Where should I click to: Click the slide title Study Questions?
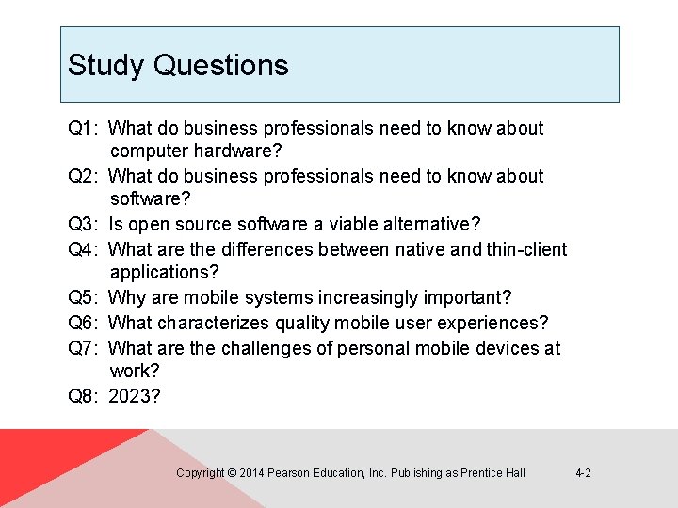click(x=178, y=65)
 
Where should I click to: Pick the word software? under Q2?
click(x=151, y=198)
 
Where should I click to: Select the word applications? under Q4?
click(x=164, y=273)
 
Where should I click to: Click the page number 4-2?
click(x=583, y=473)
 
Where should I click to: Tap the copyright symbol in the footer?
click(x=232, y=473)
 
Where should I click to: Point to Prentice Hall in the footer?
click(x=492, y=473)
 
